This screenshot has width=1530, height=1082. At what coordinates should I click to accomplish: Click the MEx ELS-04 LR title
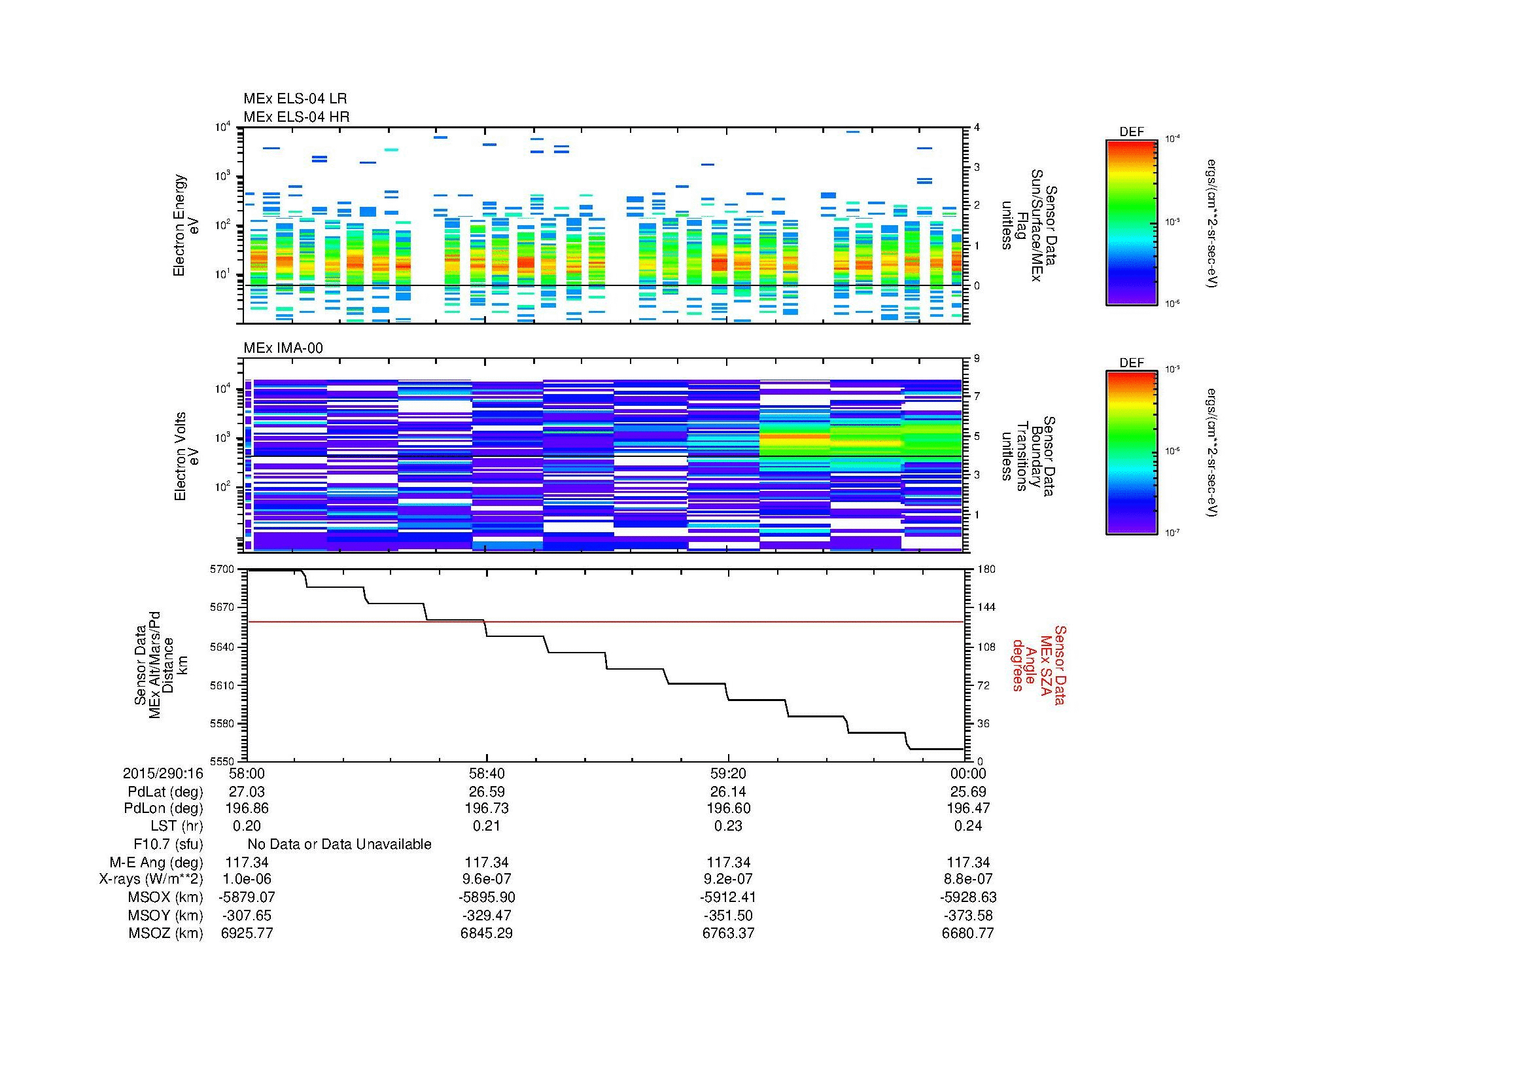point(294,99)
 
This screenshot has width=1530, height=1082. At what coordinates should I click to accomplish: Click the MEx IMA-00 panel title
point(283,348)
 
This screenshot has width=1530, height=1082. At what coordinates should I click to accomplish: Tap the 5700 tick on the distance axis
point(222,569)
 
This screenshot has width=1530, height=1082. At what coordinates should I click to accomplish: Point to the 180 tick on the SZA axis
point(986,569)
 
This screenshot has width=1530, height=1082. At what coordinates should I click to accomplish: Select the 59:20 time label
point(727,773)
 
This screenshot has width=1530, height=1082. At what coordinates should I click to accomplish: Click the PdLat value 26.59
point(487,792)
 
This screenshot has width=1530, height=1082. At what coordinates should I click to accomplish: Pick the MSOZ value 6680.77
point(967,933)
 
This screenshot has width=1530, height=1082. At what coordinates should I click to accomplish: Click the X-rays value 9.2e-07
point(727,879)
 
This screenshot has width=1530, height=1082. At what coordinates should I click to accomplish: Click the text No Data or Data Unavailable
point(339,844)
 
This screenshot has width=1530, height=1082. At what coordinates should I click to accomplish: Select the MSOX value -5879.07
point(247,897)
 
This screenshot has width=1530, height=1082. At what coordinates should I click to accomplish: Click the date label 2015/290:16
point(163,773)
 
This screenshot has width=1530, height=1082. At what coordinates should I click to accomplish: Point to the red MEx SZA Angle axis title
point(1039,664)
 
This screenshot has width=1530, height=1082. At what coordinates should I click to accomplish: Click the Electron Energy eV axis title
point(186,225)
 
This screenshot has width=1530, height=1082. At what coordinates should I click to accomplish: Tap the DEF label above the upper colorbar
point(1132,132)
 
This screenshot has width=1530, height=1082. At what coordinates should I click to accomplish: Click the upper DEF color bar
point(1132,221)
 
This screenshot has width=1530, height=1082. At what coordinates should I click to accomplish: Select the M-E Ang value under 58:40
point(487,863)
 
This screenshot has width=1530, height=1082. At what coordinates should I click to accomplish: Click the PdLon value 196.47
point(967,808)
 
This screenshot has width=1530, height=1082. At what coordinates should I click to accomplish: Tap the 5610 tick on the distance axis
point(222,685)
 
